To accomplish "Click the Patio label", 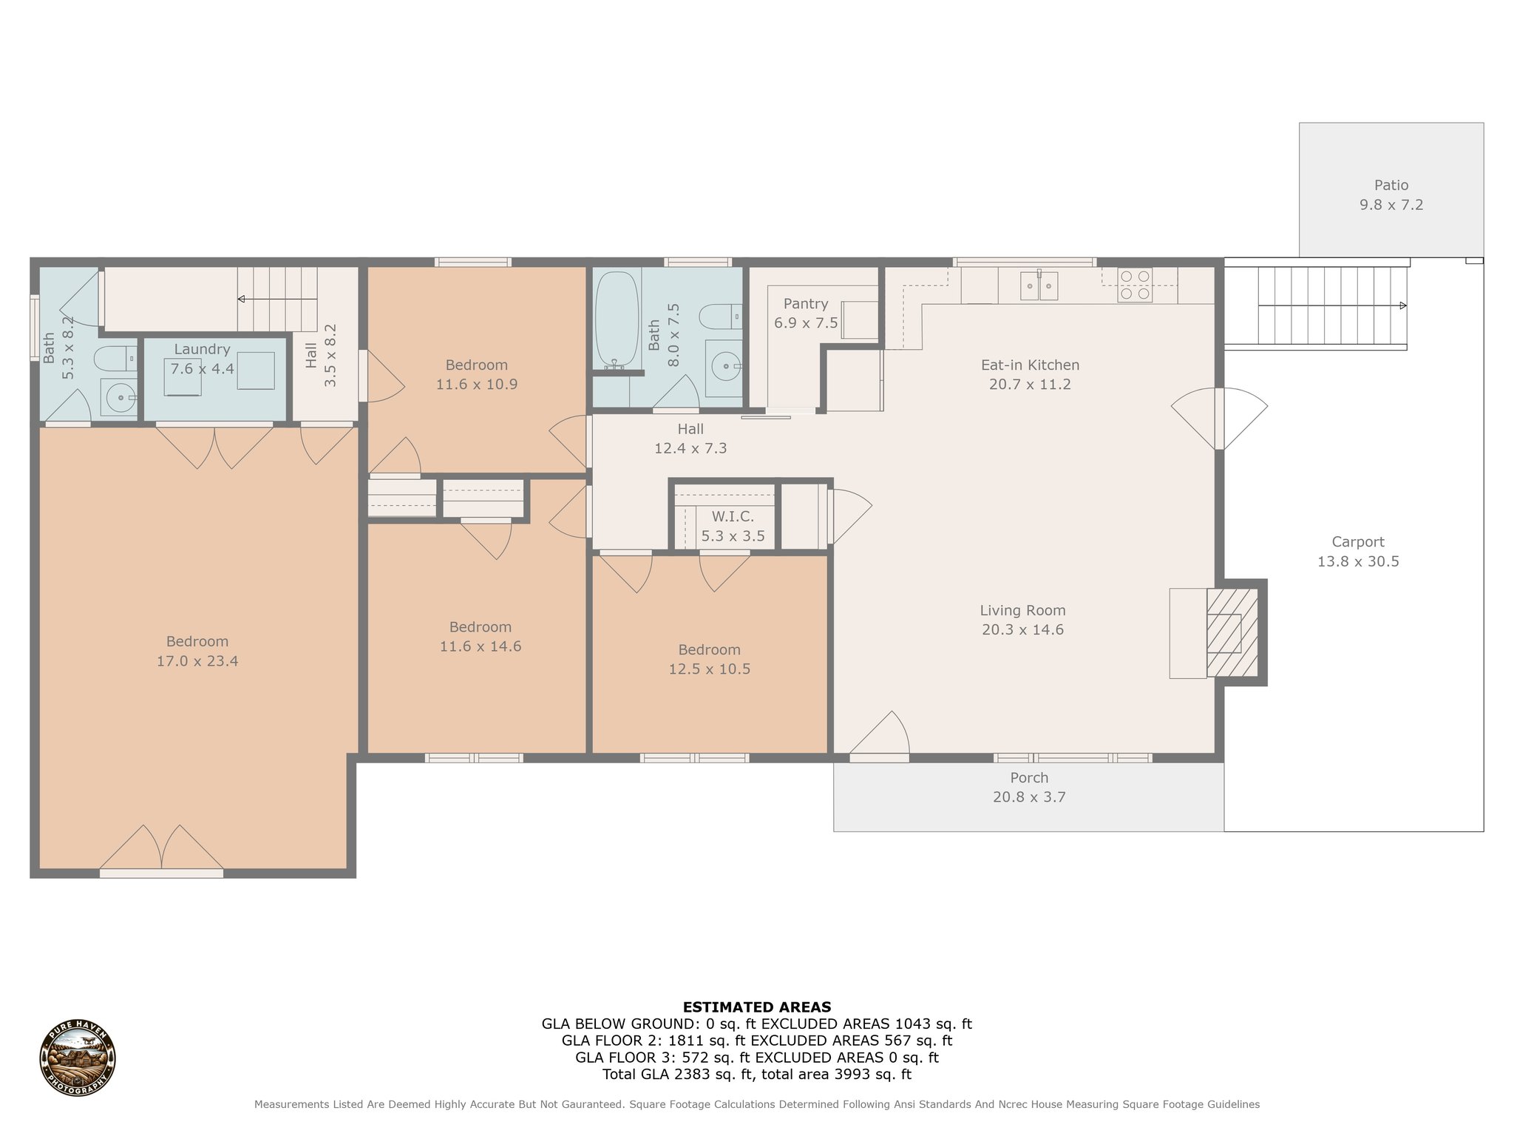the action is [x=1391, y=186].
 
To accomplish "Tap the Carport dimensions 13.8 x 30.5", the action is [x=1358, y=561].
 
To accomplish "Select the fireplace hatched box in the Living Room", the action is [x=1232, y=632].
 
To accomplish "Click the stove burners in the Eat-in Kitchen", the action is [x=1135, y=285].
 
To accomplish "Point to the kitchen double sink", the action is [x=1039, y=285].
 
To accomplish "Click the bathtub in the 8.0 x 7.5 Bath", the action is [x=614, y=319].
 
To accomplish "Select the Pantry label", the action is [x=806, y=304].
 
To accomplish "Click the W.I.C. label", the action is [x=733, y=517].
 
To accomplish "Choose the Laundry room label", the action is [x=202, y=349].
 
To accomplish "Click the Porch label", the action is [x=1029, y=777].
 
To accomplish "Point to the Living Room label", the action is [x=1022, y=610].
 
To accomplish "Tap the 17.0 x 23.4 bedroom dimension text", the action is [x=197, y=661].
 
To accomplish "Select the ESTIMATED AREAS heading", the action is [x=757, y=1007].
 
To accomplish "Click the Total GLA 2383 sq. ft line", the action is [x=757, y=1075].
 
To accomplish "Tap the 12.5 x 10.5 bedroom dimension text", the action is [x=709, y=669].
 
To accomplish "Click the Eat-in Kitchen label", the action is [x=1030, y=365].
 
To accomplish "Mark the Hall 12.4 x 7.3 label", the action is [x=690, y=439].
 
